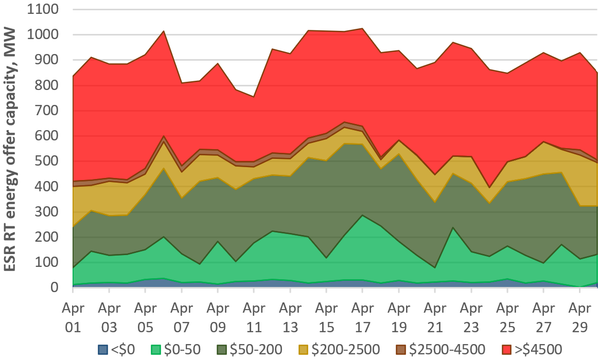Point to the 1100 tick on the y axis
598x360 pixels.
(45, 10)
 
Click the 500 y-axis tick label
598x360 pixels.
(49, 161)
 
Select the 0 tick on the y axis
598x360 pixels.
(60, 287)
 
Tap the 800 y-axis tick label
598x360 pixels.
(49, 85)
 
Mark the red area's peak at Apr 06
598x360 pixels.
(163, 31)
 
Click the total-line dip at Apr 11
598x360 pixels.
(254, 97)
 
